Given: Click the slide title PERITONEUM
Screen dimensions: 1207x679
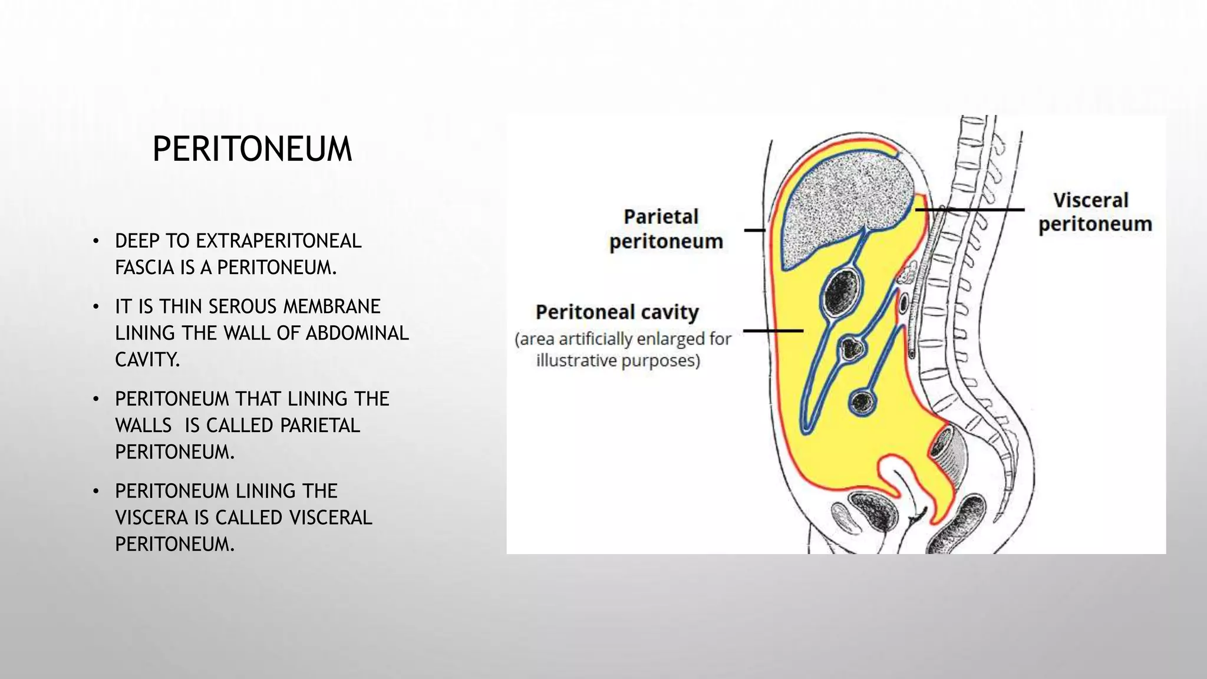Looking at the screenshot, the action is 252,149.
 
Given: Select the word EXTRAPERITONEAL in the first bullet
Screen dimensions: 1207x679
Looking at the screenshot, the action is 278,241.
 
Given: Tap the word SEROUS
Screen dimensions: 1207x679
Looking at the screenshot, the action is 242,306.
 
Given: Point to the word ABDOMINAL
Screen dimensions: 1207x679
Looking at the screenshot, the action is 357,333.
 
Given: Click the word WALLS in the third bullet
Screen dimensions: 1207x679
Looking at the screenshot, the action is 143,426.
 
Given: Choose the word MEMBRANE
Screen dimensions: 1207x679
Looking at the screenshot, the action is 332,306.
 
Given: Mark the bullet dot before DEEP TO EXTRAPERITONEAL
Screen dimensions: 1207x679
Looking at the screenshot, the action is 95,242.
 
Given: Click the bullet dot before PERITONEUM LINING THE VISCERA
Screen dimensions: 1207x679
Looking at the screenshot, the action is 95,492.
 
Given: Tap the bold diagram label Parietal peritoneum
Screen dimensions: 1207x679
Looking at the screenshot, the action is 665,229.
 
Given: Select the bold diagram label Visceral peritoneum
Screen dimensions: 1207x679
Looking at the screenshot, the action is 1094,212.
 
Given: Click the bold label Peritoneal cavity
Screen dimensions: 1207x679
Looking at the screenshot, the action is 616,312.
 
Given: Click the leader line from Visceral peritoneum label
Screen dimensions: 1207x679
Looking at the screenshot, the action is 970,209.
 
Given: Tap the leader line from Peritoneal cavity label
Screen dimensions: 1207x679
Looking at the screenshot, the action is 773,331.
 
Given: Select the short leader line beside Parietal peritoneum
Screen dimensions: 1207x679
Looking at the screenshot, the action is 754,230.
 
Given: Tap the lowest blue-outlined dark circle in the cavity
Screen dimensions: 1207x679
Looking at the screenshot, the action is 863,403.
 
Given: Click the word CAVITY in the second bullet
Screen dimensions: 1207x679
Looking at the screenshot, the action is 147,360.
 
